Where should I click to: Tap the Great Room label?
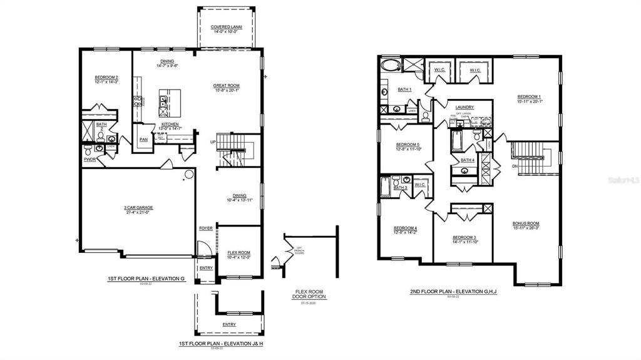coord(226,86)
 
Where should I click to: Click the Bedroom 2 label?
coord(106,78)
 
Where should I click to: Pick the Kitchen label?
coord(170,124)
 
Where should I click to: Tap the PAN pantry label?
coord(143,140)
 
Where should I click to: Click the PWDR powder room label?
coord(89,160)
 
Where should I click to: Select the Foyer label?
coord(206,228)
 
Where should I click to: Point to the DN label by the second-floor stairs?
coord(515,166)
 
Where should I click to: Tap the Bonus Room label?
coord(525,224)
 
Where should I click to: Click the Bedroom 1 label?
coord(530,96)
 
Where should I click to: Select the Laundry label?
coord(464,107)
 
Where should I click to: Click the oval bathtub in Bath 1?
coord(392,65)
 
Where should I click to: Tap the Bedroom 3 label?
coord(464,237)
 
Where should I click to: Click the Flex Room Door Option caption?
coord(310,294)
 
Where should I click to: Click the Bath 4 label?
coord(468,160)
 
